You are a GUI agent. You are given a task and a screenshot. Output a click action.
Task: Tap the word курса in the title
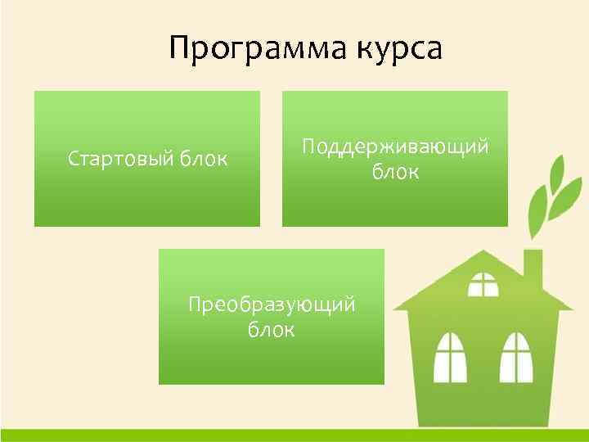coord(398,48)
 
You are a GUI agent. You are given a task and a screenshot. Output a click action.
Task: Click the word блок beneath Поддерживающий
coord(395,173)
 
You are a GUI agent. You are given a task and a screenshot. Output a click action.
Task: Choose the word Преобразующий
coord(272,305)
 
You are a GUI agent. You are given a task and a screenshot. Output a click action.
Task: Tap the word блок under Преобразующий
coord(271,331)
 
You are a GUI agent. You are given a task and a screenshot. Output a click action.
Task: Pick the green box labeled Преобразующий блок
coord(271,360)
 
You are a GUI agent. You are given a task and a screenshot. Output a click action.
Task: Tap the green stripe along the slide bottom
coord(294,435)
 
